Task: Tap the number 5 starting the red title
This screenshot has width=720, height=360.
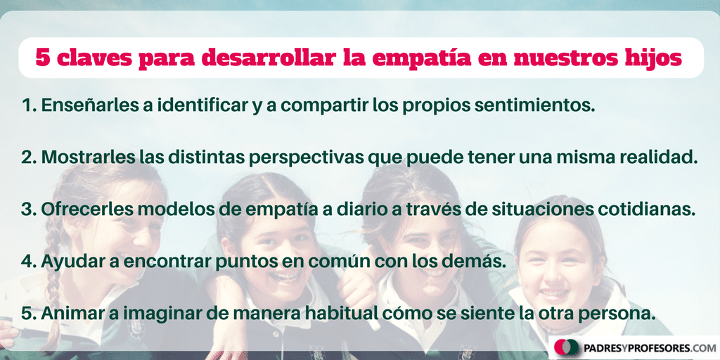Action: point(43,58)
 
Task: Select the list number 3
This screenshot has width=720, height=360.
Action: point(27,210)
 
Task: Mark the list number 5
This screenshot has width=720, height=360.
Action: point(27,314)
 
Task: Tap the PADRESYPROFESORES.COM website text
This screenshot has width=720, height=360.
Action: point(650,347)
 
